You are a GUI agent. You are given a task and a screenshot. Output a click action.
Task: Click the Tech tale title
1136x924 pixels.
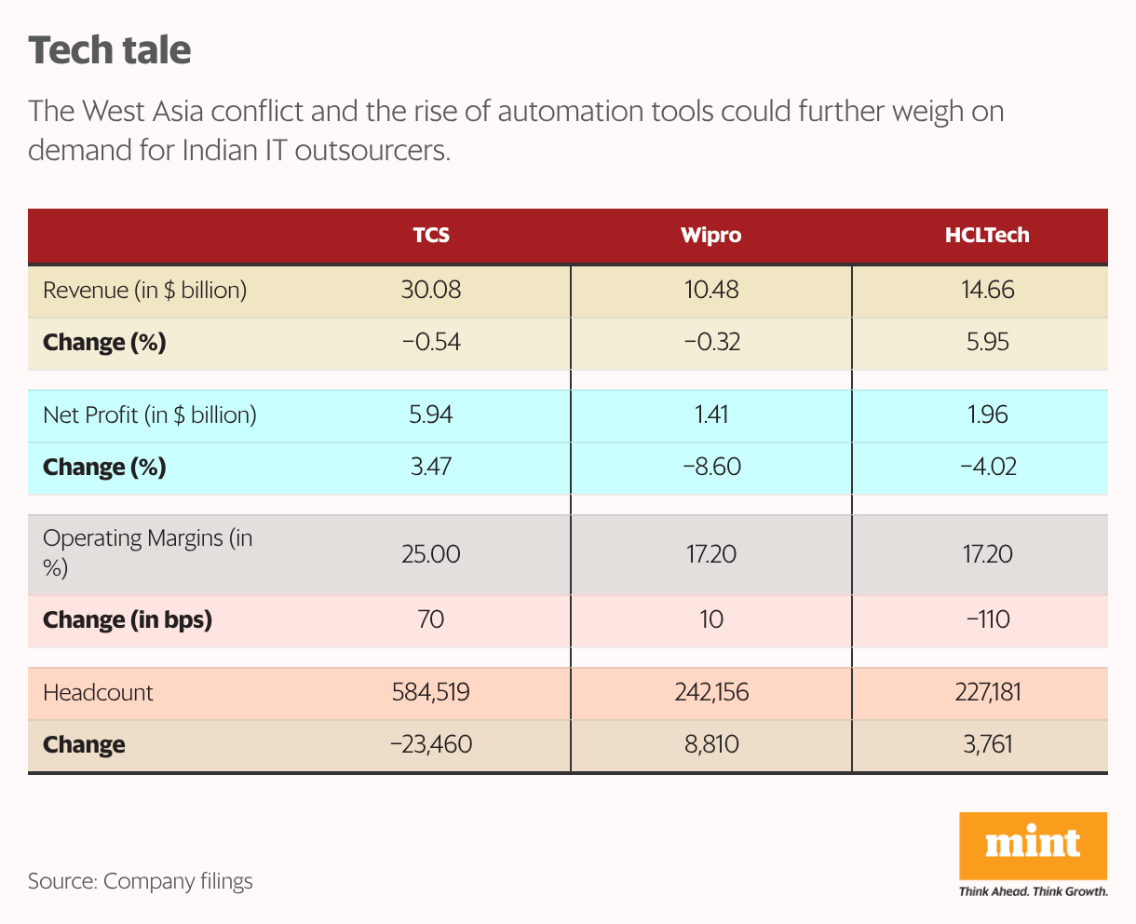(x=110, y=50)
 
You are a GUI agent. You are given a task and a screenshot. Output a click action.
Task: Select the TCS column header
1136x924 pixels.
(x=431, y=236)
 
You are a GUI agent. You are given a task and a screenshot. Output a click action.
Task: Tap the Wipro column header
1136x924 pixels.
(x=710, y=236)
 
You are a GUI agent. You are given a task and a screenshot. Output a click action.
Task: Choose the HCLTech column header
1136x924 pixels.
(x=987, y=236)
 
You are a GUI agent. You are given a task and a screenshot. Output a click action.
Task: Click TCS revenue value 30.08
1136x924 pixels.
(x=431, y=290)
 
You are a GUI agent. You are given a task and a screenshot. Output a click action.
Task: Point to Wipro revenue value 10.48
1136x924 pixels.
(x=710, y=290)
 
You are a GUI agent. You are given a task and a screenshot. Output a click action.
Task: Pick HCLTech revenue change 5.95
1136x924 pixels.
(x=988, y=342)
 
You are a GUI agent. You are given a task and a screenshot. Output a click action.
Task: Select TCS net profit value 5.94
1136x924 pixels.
(x=431, y=414)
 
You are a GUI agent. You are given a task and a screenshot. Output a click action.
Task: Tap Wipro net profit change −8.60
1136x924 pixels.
(x=710, y=467)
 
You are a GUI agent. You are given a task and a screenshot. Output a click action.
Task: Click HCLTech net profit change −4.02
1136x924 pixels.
(x=988, y=467)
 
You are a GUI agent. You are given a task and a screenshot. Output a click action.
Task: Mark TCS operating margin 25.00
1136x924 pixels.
(x=431, y=554)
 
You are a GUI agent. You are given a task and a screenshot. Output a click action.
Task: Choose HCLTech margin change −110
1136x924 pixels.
(x=988, y=619)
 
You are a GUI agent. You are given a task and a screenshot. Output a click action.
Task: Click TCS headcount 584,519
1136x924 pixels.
(x=431, y=692)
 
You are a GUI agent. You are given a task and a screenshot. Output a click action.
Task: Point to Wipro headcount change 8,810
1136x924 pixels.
(x=710, y=744)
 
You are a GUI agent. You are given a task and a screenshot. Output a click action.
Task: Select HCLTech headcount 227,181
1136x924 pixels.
(x=988, y=692)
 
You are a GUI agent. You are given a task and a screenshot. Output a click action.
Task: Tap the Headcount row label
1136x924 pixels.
(x=98, y=692)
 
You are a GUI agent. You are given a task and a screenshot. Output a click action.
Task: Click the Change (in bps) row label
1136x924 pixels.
(x=128, y=619)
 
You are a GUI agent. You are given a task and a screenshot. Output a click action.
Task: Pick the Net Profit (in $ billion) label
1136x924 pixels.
(x=149, y=414)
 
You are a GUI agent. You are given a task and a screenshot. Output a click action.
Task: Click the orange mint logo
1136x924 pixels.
(x=1033, y=846)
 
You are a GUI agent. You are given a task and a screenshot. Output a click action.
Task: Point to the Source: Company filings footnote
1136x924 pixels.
(x=140, y=881)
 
